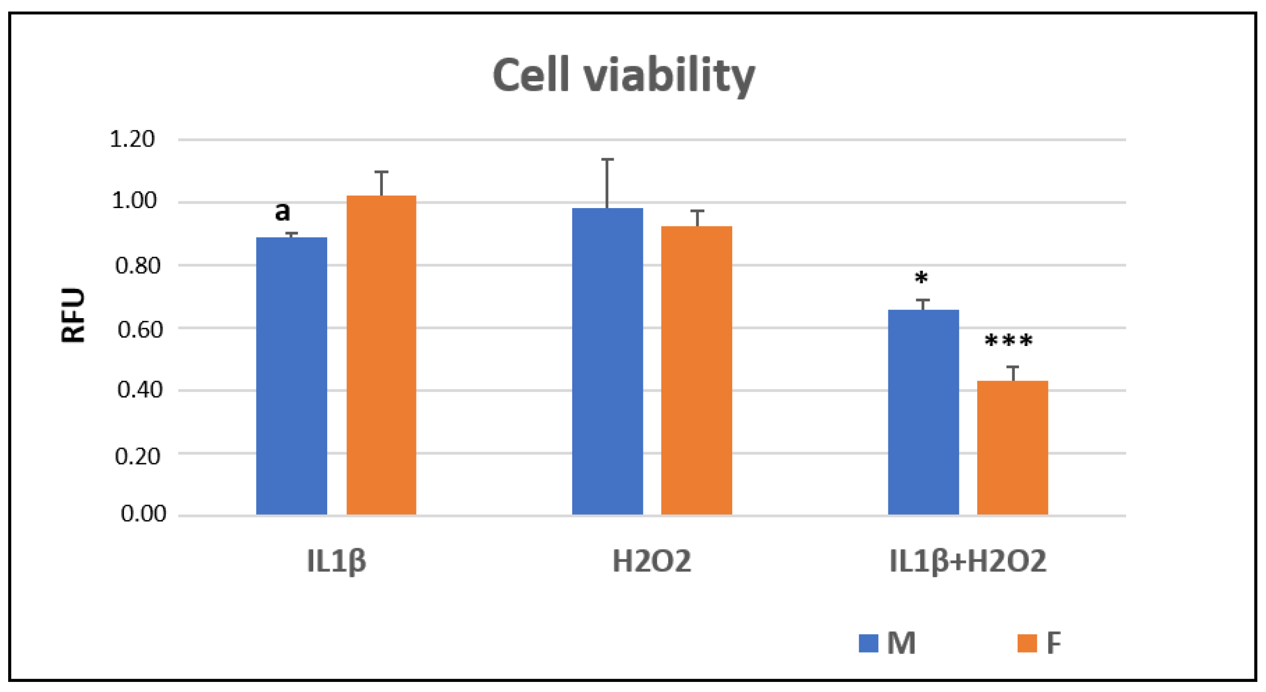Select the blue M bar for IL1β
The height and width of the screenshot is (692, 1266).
[292, 376]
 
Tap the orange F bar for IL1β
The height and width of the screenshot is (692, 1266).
[381, 355]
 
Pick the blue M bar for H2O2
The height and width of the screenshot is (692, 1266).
[607, 361]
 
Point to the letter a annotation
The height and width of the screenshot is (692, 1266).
[282, 212]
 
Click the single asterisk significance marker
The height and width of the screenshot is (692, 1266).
[921, 279]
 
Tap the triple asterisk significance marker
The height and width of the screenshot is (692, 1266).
[1009, 341]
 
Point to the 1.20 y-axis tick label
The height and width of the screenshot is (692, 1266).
[132, 139]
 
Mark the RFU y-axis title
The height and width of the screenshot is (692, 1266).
[73, 315]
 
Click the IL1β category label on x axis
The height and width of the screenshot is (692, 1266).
[337, 561]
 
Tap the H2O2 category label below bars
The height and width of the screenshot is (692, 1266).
[651, 561]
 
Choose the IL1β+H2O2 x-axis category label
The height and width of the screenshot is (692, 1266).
[968, 561]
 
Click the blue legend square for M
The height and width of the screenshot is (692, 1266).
[868, 643]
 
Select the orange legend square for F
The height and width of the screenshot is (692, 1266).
[1027, 643]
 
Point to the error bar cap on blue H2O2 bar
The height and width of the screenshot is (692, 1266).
[607, 159]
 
